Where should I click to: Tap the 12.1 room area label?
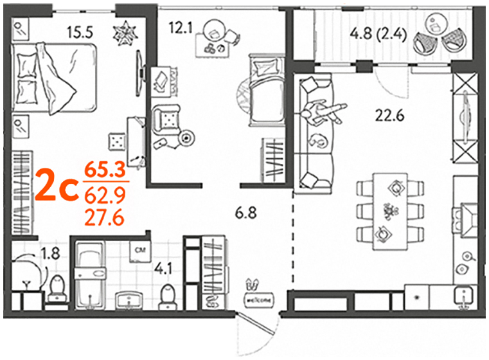(x=181, y=28)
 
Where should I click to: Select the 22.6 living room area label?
(x=389, y=116)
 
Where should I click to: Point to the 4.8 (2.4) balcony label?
(x=378, y=34)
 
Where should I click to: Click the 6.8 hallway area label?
(x=245, y=213)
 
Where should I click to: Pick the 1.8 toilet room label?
(x=51, y=253)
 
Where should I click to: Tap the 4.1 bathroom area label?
(x=163, y=269)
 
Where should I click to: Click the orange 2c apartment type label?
(x=57, y=185)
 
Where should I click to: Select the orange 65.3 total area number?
(x=105, y=170)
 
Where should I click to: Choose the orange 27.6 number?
(x=105, y=218)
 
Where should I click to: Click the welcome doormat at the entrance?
(x=259, y=300)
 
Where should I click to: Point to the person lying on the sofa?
(x=323, y=112)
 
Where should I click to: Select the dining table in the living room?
(x=390, y=212)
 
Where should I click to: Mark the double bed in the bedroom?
(x=54, y=78)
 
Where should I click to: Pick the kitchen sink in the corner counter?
(x=465, y=296)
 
